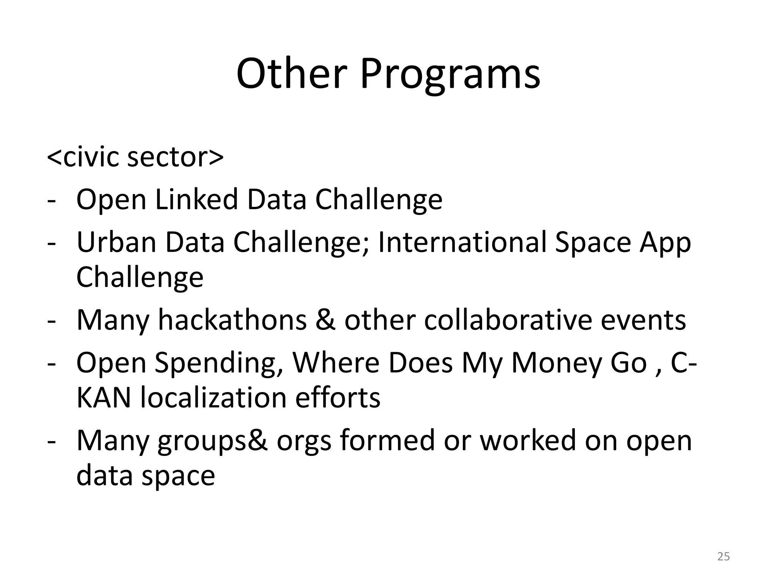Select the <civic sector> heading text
coord(135,157)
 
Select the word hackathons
coord(232,320)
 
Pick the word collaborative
coord(508,320)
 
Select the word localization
coord(212,398)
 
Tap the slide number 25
coord(724,556)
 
